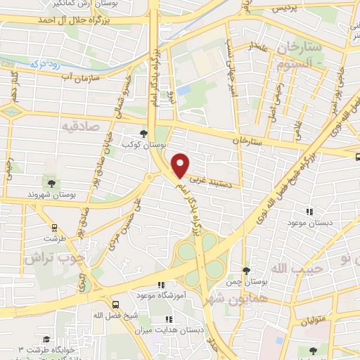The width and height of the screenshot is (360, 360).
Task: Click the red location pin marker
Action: (x=181, y=165)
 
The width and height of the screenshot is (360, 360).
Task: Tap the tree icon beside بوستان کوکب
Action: (x=144, y=133)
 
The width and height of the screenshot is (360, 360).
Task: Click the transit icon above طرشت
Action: (x=53, y=227)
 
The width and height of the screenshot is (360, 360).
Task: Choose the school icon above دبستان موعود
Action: (x=309, y=211)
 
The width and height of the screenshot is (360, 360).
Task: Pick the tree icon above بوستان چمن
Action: (x=245, y=271)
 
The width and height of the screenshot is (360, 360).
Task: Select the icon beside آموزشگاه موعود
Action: (x=161, y=285)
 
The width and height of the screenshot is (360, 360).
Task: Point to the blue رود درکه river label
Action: (x=42, y=63)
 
